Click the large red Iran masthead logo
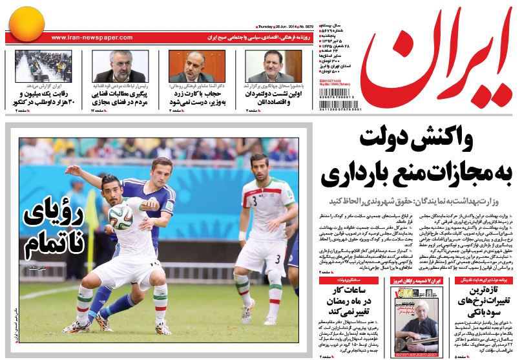(x=439, y=61)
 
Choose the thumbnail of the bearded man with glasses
(x=120, y=66)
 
